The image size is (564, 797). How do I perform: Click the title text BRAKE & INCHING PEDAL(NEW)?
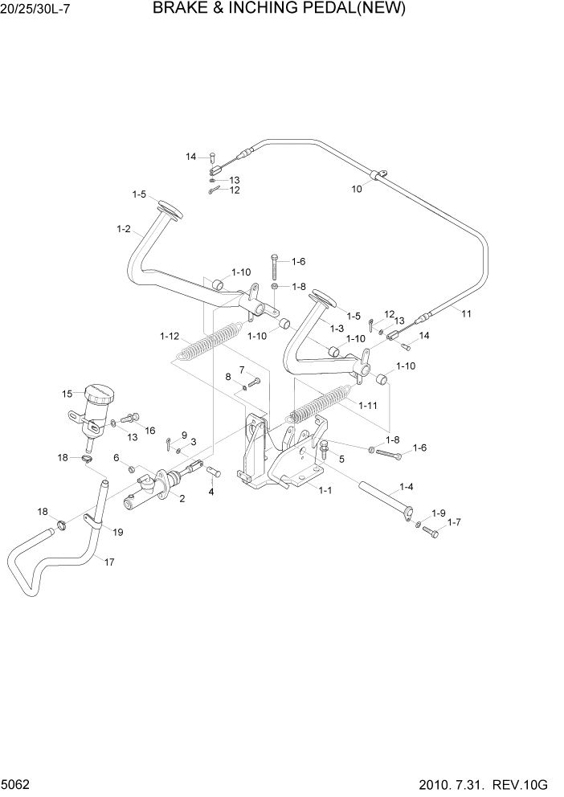[x=278, y=10]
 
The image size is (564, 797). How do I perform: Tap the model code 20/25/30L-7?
[x=41, y=11]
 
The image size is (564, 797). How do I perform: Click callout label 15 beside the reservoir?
[x=67, y=394]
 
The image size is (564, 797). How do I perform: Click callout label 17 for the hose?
[x=109, y=562]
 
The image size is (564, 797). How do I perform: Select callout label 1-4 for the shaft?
[x=407, y=487]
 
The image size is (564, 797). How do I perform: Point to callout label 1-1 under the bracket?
[x=326, y=489]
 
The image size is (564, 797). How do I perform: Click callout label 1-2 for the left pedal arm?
[x=123, y=229]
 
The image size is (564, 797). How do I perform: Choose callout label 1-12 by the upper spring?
[x=170, y=335]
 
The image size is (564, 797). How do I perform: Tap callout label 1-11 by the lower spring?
[x=369, y=406]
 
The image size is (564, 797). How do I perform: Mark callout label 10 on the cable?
[x=357, y=189]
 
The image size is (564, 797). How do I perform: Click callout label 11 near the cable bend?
[x=467, y=314]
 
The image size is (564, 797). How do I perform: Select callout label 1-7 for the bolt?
[x=454, y=522]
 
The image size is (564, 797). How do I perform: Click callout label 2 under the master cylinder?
[x=182, y=499]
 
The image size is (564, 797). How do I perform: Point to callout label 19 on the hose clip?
[x=117, y=532]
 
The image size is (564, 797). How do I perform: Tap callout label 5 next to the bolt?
[x=341, y=459]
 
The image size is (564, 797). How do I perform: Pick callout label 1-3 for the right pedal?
[x=337, y=329]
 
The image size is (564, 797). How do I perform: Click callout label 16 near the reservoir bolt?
[x=149, y=431]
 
